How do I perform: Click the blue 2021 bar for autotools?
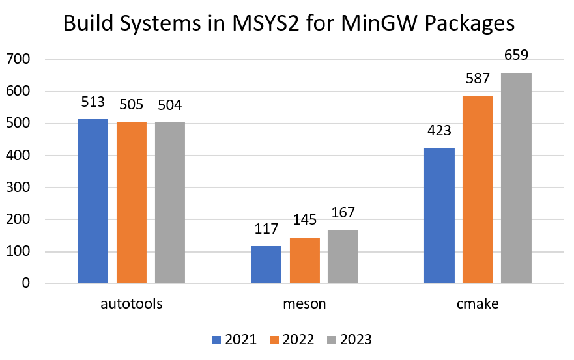point(93,201)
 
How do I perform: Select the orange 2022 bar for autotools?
point(132,202)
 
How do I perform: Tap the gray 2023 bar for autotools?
point(170,202)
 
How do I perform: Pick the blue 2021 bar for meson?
point(266,264)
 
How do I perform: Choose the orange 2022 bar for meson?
point(304,260)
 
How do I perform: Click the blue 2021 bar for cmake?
point(439,215)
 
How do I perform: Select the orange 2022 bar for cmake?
point(478,189)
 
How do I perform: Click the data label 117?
point(266,229)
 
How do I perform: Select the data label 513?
point(93,103)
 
